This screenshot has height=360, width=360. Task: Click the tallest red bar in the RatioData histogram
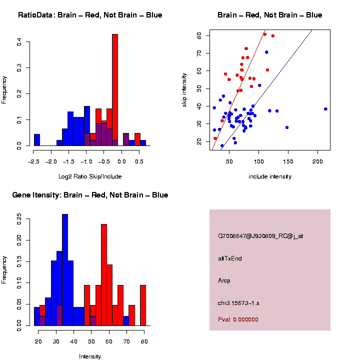(115, 90)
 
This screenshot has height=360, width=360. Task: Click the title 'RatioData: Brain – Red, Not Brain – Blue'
(90, 15)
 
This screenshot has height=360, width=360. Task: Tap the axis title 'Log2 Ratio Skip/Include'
(90, 176)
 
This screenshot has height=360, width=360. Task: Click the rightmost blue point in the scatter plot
(325, 109)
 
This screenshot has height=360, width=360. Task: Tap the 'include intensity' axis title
(270, 176)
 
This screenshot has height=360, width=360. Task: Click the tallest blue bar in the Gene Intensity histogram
(65, 270)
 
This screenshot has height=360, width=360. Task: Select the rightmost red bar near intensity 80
(143, 305)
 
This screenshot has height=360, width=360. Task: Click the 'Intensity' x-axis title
(90, 356)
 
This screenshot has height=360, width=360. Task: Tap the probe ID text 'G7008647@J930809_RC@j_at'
(260, 236)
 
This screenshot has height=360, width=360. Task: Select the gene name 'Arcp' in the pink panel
(224, 280)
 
